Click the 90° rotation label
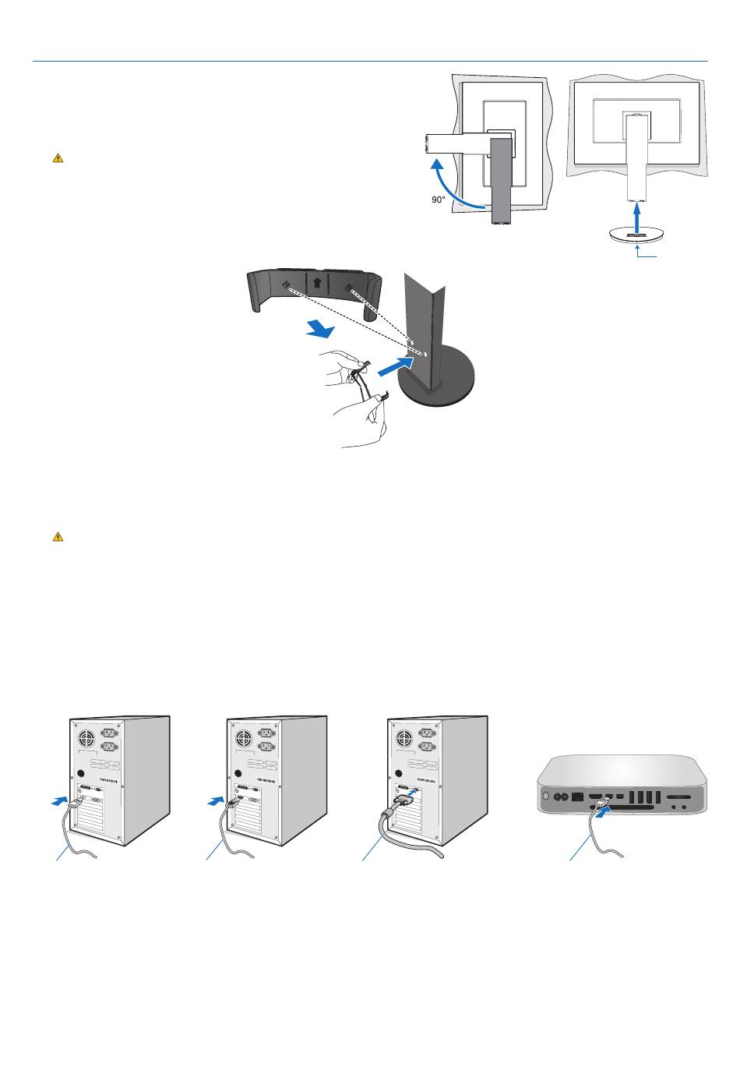(439, 200)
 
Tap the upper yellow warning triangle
(58, 158)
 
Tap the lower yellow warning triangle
(58, 537)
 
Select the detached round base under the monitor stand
(637, 236)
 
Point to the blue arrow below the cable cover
(319, 330)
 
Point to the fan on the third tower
(403, 737)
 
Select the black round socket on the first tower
(81, 775)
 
